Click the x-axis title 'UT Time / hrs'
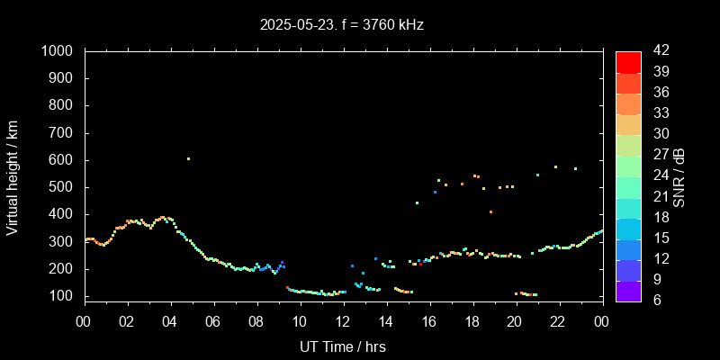[x=343, y=346]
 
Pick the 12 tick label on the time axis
[x=343, y=321]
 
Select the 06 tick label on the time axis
[x=213, y=321]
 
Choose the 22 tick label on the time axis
[x=558, y=321]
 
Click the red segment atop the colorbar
[x=628, y=61]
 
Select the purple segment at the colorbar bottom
[x=628, y=291]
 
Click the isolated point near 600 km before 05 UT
[x=188, y=159]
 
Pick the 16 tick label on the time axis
[x=428, y=321]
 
